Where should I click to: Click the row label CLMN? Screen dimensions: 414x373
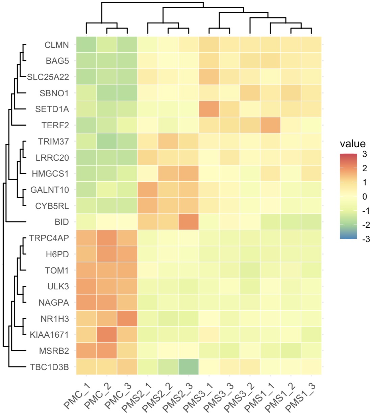[56, 45]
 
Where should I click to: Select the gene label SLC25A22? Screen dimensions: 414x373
[48, 77]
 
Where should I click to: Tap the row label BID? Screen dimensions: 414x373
[61, 222]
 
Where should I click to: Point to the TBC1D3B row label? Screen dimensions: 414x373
[49, 367]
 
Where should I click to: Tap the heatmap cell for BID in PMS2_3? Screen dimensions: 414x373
[189, 222]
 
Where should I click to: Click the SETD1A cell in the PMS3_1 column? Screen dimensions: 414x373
[209, 109]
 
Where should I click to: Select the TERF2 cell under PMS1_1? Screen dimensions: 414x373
[270, 125]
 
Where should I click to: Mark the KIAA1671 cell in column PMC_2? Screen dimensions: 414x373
[107, 335]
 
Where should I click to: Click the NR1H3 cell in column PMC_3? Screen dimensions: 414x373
[127, 318]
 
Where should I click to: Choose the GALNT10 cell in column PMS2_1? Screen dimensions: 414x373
[148, 190]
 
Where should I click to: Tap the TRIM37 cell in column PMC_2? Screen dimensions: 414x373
[107, 141]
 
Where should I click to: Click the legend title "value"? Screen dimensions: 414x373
[352, 144]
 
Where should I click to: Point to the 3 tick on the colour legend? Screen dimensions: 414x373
[365, 154]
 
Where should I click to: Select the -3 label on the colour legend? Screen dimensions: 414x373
[366, 239]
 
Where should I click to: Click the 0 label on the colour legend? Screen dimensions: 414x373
[365, 197]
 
